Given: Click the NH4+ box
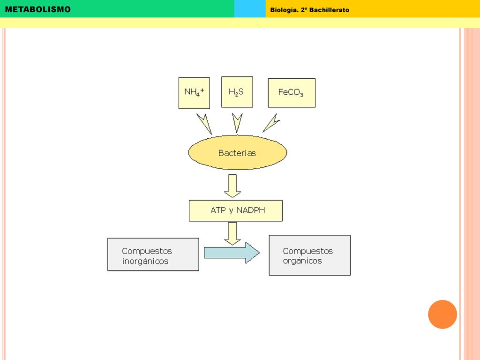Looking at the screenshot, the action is pyautogui.click(x=194, y=93).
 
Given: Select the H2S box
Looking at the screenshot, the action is pyautogui.click(x=237, y=92).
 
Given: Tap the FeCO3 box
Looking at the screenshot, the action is pyautogui.click(x=292, y=93).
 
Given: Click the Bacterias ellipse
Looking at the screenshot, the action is pyautogui.click(x=238, y=152).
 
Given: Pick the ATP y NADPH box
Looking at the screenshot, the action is pyautogui.click(x=235, y=210).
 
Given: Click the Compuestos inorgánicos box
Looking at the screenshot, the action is pyautogui.click(x=153, y=255).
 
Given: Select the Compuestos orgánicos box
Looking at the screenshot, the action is pyautogui.click(x=309, y=255).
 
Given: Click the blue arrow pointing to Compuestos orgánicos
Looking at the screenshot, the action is pyautogui.click(x=232, y=253).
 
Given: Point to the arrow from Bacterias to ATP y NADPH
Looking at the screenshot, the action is pyautogui.click(x=232, y=186).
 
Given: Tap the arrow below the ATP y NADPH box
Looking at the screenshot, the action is pyautogui.click(x=232, y=234).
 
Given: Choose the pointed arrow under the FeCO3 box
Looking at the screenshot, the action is pyautogui.click(x=271, y=124).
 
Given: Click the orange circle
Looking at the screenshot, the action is pyautogui.click(x=442, y=315).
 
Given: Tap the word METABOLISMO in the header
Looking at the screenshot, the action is pyautogui.click(x=37, y=9).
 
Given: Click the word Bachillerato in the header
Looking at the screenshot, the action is pyautogui.click(x=329, y=10).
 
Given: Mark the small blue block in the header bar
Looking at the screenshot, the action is pyautogui.click(x=250, y=8).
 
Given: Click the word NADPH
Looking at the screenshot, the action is pyautogui.click(x=251, y=210).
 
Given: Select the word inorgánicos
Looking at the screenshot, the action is pyautogui.click(x=145, y=262).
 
